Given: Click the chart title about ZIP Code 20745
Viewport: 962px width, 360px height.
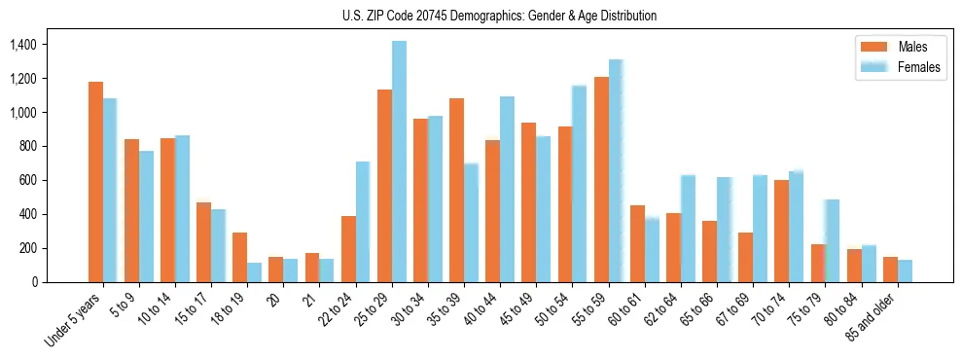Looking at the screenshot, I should click(x=499, y=16).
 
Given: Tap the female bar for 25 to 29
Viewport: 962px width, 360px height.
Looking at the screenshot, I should click(x=399, y=162).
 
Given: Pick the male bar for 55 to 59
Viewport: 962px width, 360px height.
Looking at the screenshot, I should click(x=601, y=179).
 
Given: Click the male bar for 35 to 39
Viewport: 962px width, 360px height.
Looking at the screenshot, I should click(x=456, y=190).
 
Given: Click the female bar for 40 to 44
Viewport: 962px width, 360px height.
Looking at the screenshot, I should click(x=507, y=189).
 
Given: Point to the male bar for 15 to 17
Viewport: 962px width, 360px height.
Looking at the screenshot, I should click(x=203, y=242).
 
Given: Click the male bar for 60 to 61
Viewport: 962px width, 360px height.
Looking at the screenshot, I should click(x=637, y=243).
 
